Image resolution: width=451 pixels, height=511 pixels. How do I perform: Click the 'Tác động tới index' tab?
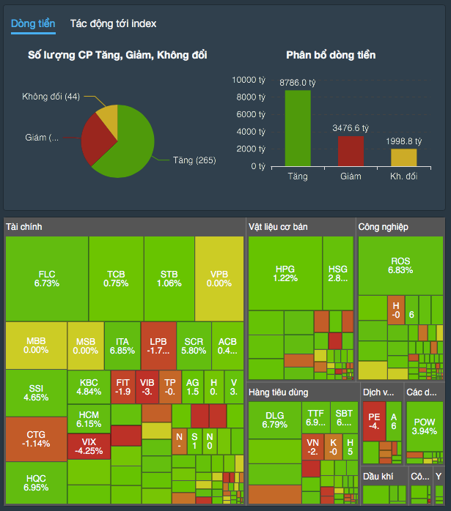[113, 23]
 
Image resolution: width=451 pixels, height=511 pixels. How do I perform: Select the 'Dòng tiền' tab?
[33, 23]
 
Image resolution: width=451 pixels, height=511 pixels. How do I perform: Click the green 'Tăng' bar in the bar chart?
[298, 128]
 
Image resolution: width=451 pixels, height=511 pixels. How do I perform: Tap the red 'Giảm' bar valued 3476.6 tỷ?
[351, 151]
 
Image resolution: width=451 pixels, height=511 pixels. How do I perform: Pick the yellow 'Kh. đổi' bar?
[403, 157]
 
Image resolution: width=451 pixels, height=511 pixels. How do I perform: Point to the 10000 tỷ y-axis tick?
[249, 80]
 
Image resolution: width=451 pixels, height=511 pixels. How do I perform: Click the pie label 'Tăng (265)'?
[194, 160]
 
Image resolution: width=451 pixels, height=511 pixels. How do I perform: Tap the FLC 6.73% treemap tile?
[47, 279]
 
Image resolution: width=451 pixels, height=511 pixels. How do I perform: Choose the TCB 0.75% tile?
[116, 279]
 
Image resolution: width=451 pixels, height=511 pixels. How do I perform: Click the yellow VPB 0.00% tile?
[219, 279]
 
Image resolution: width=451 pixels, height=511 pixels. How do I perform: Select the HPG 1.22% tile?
[285, 273]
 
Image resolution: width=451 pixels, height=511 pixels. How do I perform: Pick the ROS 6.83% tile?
[400, 266]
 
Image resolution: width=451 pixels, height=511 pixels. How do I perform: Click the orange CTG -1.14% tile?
[35, 439]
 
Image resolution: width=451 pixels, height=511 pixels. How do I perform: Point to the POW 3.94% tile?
[424, 426]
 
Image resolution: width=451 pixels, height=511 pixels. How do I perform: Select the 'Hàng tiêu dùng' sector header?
[278, 392]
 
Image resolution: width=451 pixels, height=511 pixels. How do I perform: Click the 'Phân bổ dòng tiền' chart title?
[331, 55]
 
